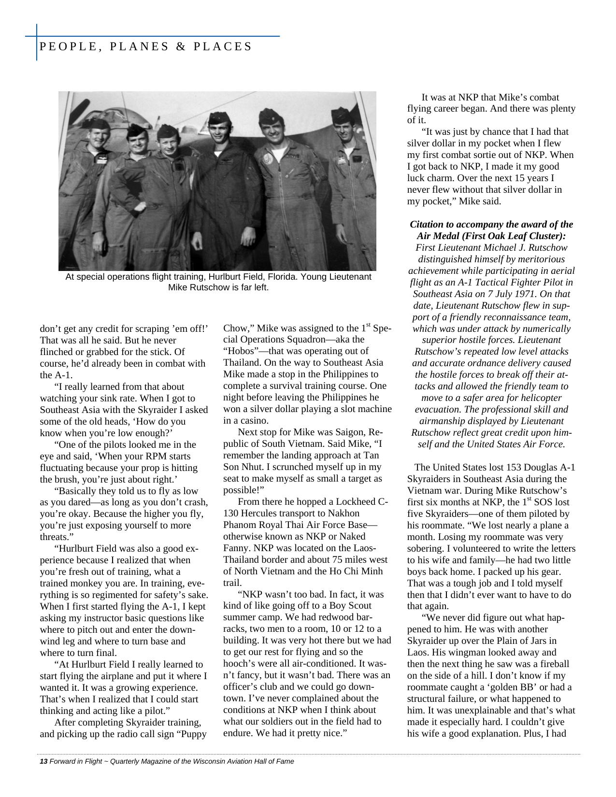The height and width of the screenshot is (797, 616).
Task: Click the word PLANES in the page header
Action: (140, 46)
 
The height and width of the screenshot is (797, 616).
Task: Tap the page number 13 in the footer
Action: (43, 761)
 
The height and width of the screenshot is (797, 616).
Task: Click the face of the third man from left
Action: (169, 143)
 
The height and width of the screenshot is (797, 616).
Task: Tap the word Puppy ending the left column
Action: (194, 734)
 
